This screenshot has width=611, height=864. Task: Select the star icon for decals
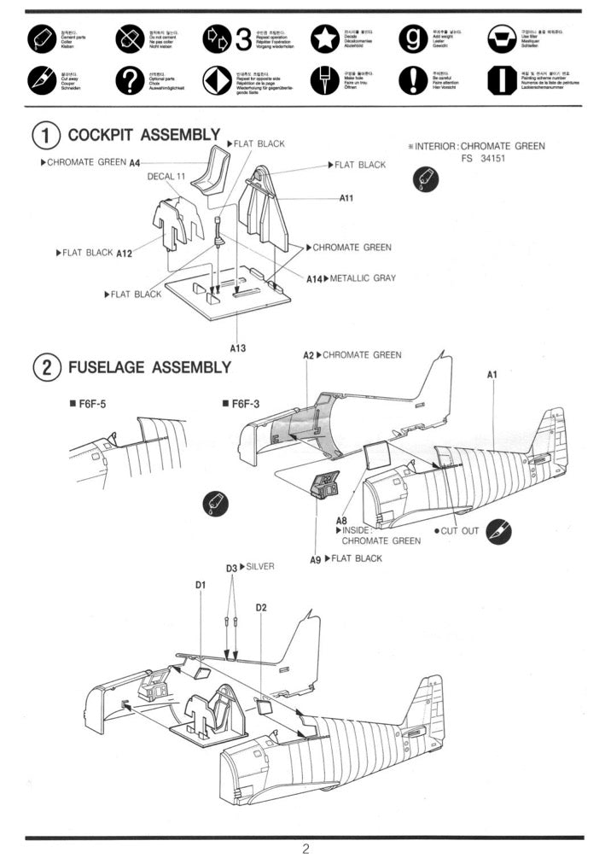(323, 38)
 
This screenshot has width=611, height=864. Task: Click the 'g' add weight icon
(412, 38)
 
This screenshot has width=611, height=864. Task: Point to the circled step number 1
(45, 135)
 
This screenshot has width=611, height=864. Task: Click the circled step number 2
(45, 368)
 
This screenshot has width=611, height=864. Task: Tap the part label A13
(238, 347)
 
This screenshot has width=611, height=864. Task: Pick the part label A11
(346, 198)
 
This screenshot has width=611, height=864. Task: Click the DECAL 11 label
(166, 177)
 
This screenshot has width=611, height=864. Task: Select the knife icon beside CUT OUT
(498, 530)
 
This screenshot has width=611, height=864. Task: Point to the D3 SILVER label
(250, 567)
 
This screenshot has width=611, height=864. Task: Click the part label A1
(492, 374)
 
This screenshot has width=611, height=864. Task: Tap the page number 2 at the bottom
(305, 849)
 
